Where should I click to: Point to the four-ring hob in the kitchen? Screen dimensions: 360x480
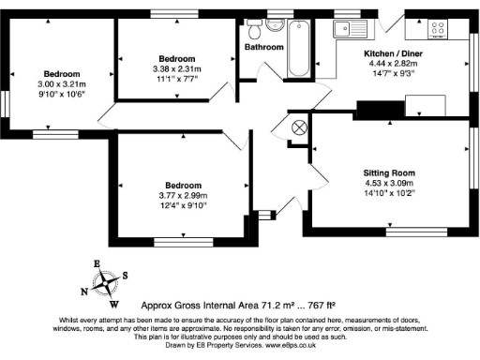[x=438, y=28]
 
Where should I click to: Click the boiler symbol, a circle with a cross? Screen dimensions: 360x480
[x=301, y=128]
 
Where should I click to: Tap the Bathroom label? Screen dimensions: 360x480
[x=264, y=47]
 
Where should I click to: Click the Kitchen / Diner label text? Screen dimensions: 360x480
[x=394, y=54]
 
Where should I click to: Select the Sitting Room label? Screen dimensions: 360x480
[x=389, y=173]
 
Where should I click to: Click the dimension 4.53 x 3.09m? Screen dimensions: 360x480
[x=389, y=184]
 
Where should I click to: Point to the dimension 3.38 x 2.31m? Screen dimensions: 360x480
[x=175, y=68]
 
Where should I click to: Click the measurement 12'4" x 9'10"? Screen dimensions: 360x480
[x=183, y=204]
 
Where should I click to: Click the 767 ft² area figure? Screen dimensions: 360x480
[x=318, y=306]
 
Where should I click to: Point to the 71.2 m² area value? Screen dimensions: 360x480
[x=269, y=306]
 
